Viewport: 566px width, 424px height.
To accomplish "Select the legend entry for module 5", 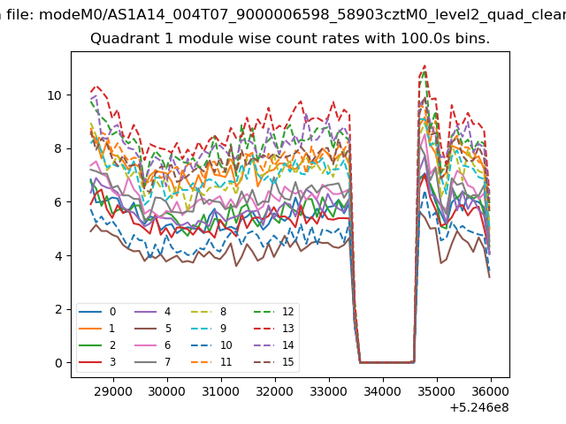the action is point(153,329).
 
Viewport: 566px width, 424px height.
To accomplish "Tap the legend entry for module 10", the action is point(211,345).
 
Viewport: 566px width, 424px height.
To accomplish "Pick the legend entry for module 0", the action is point(97,312).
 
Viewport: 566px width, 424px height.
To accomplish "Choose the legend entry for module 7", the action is point(153,362).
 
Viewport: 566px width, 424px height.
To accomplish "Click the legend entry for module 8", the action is point(209,312).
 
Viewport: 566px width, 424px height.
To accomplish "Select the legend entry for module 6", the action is point(153,345).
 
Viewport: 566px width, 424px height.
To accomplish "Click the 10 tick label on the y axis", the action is point(55,95).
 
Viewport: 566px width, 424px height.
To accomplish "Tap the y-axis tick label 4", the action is point(58,256).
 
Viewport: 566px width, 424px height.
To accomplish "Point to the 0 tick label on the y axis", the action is point(58,363).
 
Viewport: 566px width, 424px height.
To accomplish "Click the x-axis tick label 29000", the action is point(113,391).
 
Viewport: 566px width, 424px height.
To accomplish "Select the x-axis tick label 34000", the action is point(383,391).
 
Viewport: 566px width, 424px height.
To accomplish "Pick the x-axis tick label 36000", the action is point(491,391).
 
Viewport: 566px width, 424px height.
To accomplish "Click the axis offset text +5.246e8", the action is point(479,408).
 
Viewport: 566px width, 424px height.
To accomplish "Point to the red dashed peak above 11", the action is point(424,65).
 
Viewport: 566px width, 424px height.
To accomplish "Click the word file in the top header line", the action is point(21,15).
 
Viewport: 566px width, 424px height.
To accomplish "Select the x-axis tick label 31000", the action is point(220,391).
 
